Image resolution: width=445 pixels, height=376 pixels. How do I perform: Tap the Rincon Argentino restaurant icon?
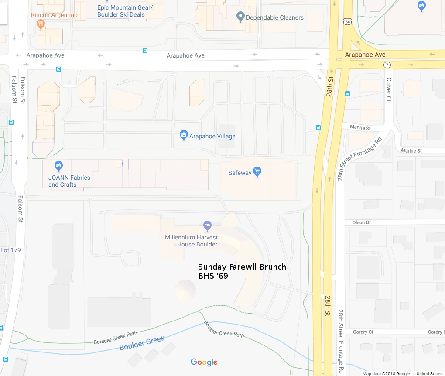(41, 24)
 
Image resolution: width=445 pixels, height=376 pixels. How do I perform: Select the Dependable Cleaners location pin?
(240, 17)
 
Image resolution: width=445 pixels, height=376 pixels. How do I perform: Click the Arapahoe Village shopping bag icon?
(184, 136)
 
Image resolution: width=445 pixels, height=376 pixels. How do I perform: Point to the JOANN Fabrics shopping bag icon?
(58, 166)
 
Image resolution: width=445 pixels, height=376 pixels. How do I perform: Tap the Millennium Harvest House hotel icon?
(208, 226)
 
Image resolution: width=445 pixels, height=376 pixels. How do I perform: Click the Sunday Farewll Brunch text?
(242, 267)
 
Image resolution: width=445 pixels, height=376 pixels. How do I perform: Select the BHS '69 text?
(213, 276)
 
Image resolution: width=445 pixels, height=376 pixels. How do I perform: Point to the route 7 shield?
(387, 65)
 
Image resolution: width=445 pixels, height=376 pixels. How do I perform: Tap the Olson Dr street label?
(361, 222)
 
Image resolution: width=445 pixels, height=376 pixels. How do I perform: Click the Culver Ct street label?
(389, 89)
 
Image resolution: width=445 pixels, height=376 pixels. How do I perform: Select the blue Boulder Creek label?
(142, 343)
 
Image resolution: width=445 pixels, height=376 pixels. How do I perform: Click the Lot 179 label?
(10, 250)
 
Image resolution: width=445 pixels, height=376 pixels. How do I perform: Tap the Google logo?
(204, 362)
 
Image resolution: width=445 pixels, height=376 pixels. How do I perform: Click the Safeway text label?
(240, 173)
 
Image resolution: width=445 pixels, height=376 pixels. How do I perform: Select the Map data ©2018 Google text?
(386, 373)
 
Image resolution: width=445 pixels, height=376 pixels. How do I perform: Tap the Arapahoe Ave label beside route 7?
(365, 55)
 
